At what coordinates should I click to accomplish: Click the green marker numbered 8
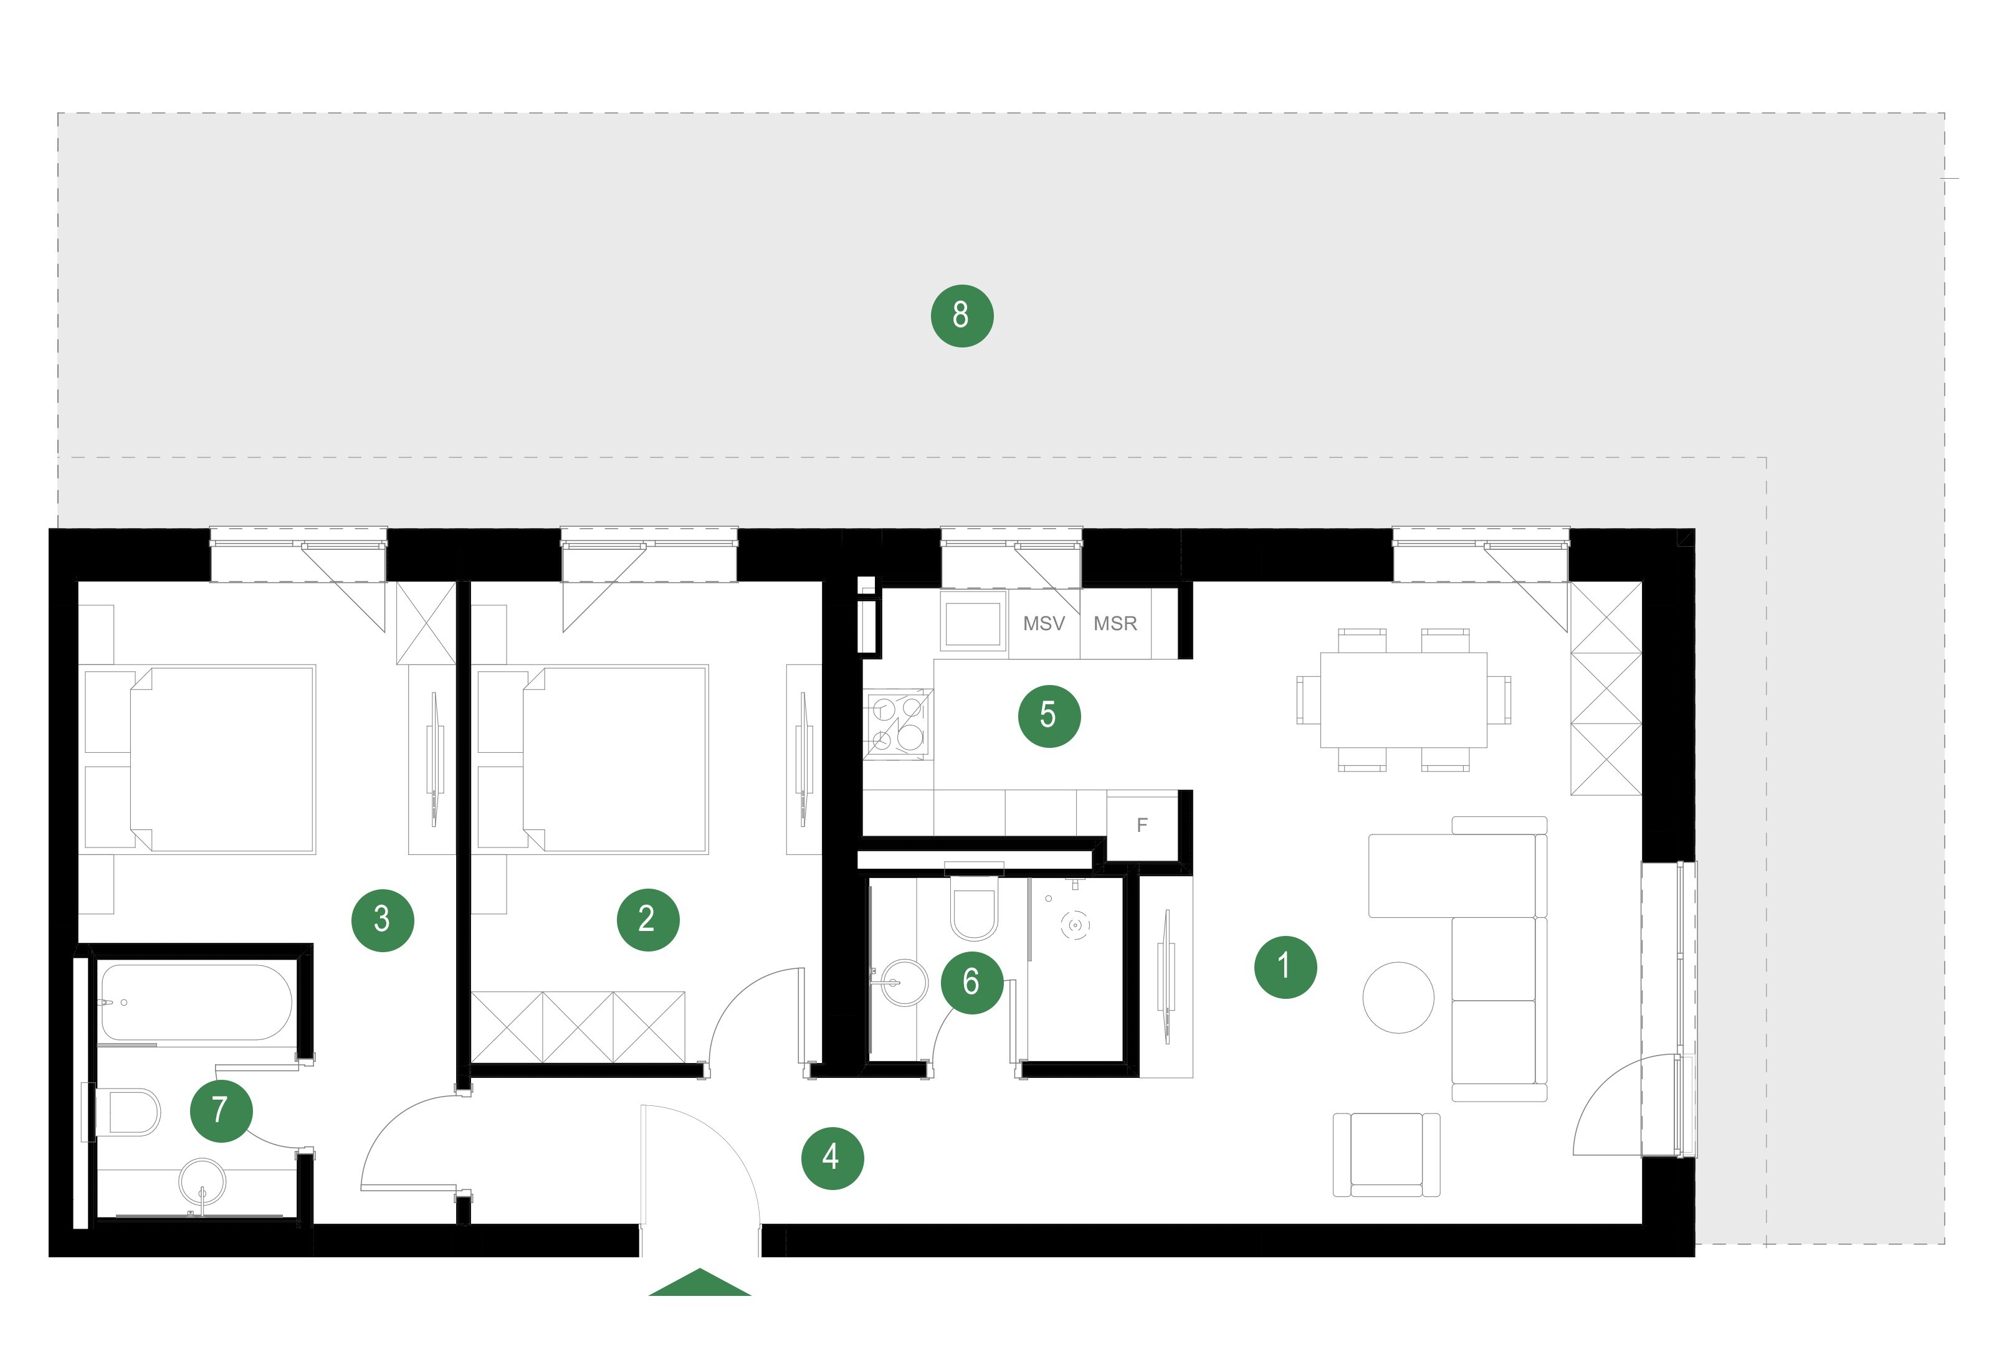[961, 316]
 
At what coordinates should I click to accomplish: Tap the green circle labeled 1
[1285, 966]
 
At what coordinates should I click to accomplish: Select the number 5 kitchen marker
[1049, 716]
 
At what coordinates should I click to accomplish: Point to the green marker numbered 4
[832, 1158]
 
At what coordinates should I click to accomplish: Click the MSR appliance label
[1115, 624]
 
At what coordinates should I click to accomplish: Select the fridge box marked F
[1142, 826]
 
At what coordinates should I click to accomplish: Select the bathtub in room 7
[196, 1002]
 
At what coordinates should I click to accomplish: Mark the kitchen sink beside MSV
[973, 621]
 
